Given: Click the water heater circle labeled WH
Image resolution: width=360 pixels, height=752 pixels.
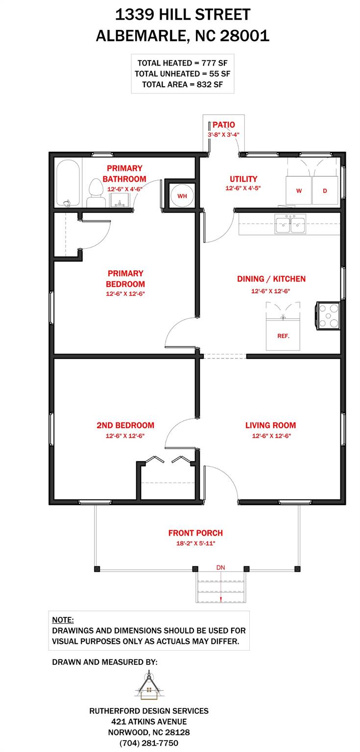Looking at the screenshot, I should [182, 196].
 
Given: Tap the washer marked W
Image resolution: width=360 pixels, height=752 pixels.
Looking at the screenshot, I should [299, 190].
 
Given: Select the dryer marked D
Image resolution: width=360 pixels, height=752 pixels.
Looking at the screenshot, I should [324, 190].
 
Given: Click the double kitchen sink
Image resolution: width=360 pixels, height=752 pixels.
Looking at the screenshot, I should [290, 225].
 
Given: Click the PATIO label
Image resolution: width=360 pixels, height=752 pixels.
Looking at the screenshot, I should [223, 125].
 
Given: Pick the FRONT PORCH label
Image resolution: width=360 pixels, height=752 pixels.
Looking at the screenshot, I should [195, 533].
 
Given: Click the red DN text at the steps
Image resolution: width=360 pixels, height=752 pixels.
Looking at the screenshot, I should [221, 567].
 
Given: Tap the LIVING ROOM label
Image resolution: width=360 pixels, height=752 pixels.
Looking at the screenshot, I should [270, 425].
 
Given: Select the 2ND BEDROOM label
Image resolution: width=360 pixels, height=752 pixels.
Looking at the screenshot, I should [125, 425].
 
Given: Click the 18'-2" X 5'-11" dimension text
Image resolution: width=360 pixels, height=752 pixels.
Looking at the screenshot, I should [195, 543].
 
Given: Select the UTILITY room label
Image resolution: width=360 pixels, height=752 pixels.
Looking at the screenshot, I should [243, 179].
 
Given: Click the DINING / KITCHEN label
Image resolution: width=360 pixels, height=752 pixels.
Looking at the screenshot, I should [271, 279].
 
